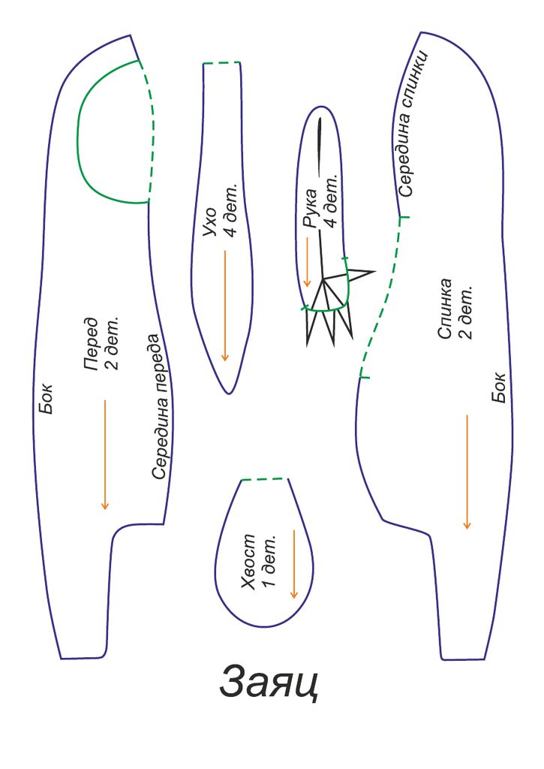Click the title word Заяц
(269, 682)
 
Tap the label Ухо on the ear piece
(210, 222)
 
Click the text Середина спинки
(412, 124)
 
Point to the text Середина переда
(161, 406)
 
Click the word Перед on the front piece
(91, 343)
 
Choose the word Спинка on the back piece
(444, 309)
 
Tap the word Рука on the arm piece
(311, 208)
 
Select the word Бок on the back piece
(498, 388)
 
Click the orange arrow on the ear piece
(225, 306)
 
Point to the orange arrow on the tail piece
(293, 564)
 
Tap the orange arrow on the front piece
(104, 454)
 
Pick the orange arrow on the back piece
(467, 472)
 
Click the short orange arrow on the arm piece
(308, 262)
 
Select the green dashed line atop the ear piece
(222, 63)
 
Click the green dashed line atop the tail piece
(264, 478)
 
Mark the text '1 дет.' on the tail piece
(269, 560)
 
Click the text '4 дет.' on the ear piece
(230, 210)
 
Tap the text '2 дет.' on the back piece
(465, 312)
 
